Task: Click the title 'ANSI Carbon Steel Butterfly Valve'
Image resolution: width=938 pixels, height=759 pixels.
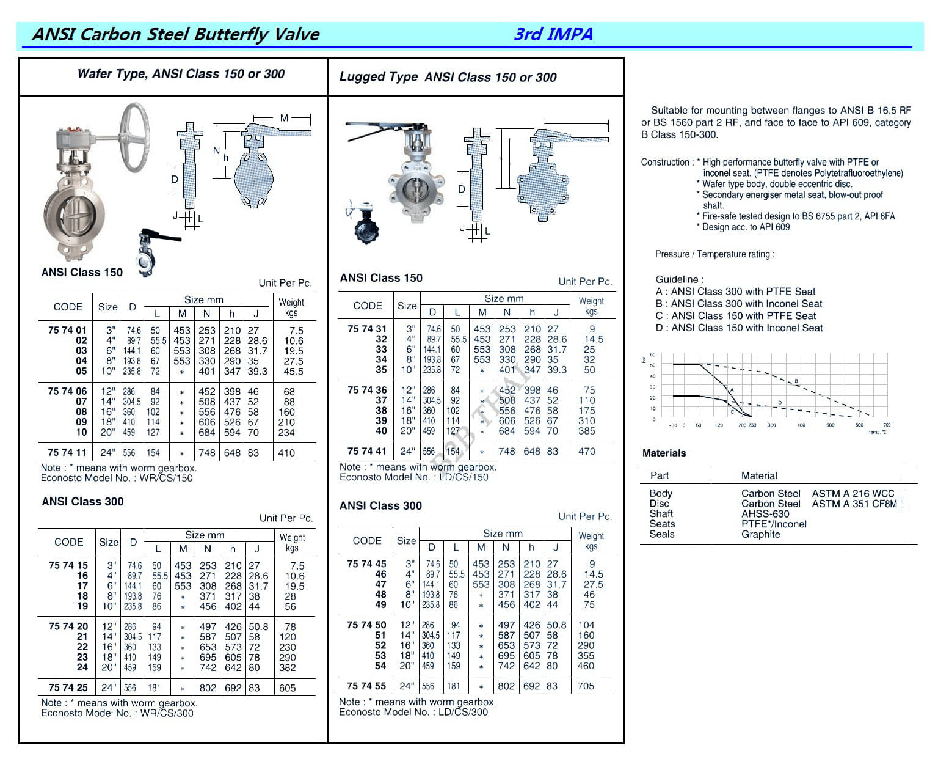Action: click(x=175, y=34)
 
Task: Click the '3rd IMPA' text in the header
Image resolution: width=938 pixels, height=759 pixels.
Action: click(x=553, y=34)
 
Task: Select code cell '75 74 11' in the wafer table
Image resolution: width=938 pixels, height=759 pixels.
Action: click(x=67, y=453)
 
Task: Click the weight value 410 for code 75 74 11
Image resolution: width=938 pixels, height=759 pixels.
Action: click(x=286, y=453)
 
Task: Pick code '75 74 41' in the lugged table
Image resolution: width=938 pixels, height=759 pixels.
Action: click(x=366, y=451)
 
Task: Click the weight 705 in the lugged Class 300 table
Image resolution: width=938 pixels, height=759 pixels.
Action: click(x=586, y=686)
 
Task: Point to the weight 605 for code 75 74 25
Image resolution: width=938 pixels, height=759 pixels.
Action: click(x=287, y=687)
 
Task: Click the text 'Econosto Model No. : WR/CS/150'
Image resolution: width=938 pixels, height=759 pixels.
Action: click(x=117, y=478)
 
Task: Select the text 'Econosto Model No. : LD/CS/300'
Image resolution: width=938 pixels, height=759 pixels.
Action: click(x=413, y=712)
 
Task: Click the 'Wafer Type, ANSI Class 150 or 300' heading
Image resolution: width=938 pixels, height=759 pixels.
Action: click(x=181, y=74)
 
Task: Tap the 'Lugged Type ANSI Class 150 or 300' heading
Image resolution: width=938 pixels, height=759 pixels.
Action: click(x=448, y=77)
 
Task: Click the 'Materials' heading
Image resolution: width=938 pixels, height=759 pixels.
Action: click(x=664, y=453)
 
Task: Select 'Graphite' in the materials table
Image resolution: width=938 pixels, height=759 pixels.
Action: click(x=760, y=534)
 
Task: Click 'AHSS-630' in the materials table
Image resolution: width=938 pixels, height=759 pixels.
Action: click(x=765, y=514)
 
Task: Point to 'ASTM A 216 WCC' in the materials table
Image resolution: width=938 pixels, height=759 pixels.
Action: click(x=853, y=493)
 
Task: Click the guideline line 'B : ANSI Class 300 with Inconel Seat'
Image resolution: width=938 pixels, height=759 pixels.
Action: click(x=739, y=304)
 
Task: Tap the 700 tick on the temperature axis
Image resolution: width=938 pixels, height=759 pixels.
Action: click(x=887, y=425)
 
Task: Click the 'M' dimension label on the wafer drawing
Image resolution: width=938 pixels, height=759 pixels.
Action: click(x=284, y=117)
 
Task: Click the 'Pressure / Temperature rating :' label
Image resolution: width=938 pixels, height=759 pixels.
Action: click(x=714, y=254)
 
